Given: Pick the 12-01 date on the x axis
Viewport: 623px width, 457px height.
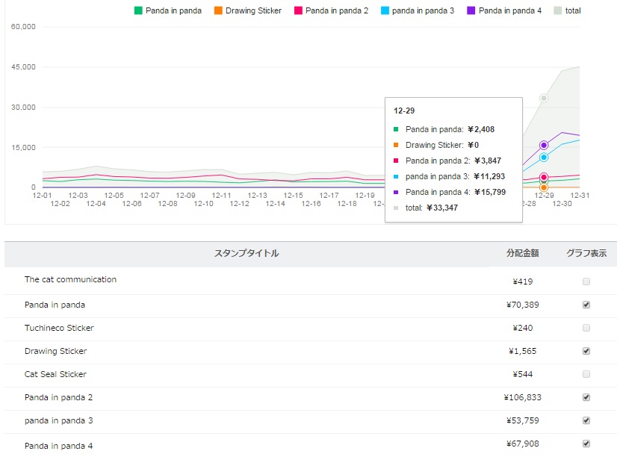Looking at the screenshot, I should pyautogui.click(x=43, y=195).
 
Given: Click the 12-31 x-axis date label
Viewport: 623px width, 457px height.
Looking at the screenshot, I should pyautogui.click(x=580, y=195).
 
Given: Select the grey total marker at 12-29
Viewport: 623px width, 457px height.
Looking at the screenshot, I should pyautogui.click(x=544, y=98).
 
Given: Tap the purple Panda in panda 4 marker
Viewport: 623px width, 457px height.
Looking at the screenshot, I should pyautogui.click(x=544, y=145).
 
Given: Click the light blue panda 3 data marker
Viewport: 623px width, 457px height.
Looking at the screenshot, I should pyautogui.click(x=544, y=158).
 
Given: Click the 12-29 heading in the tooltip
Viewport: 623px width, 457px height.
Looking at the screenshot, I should pyautogui.click(x=404, y=111).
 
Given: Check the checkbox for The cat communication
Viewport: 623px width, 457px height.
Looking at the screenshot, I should pyautogui.click(x=586, y=282).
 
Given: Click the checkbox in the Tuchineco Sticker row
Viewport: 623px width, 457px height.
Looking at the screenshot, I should pyautogui.click(x=586, y=328).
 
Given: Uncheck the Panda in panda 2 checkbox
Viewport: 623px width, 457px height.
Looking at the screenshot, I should pyautogui.click(x=586, y=397).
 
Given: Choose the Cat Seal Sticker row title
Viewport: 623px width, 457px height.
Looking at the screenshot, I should pyautogui.click(x=55, y=374).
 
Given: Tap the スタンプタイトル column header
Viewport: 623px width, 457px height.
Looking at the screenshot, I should pyautogui.click(x=247, y=254).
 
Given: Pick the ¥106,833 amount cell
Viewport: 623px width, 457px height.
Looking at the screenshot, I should pyautogui.click(x=521, y=397).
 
